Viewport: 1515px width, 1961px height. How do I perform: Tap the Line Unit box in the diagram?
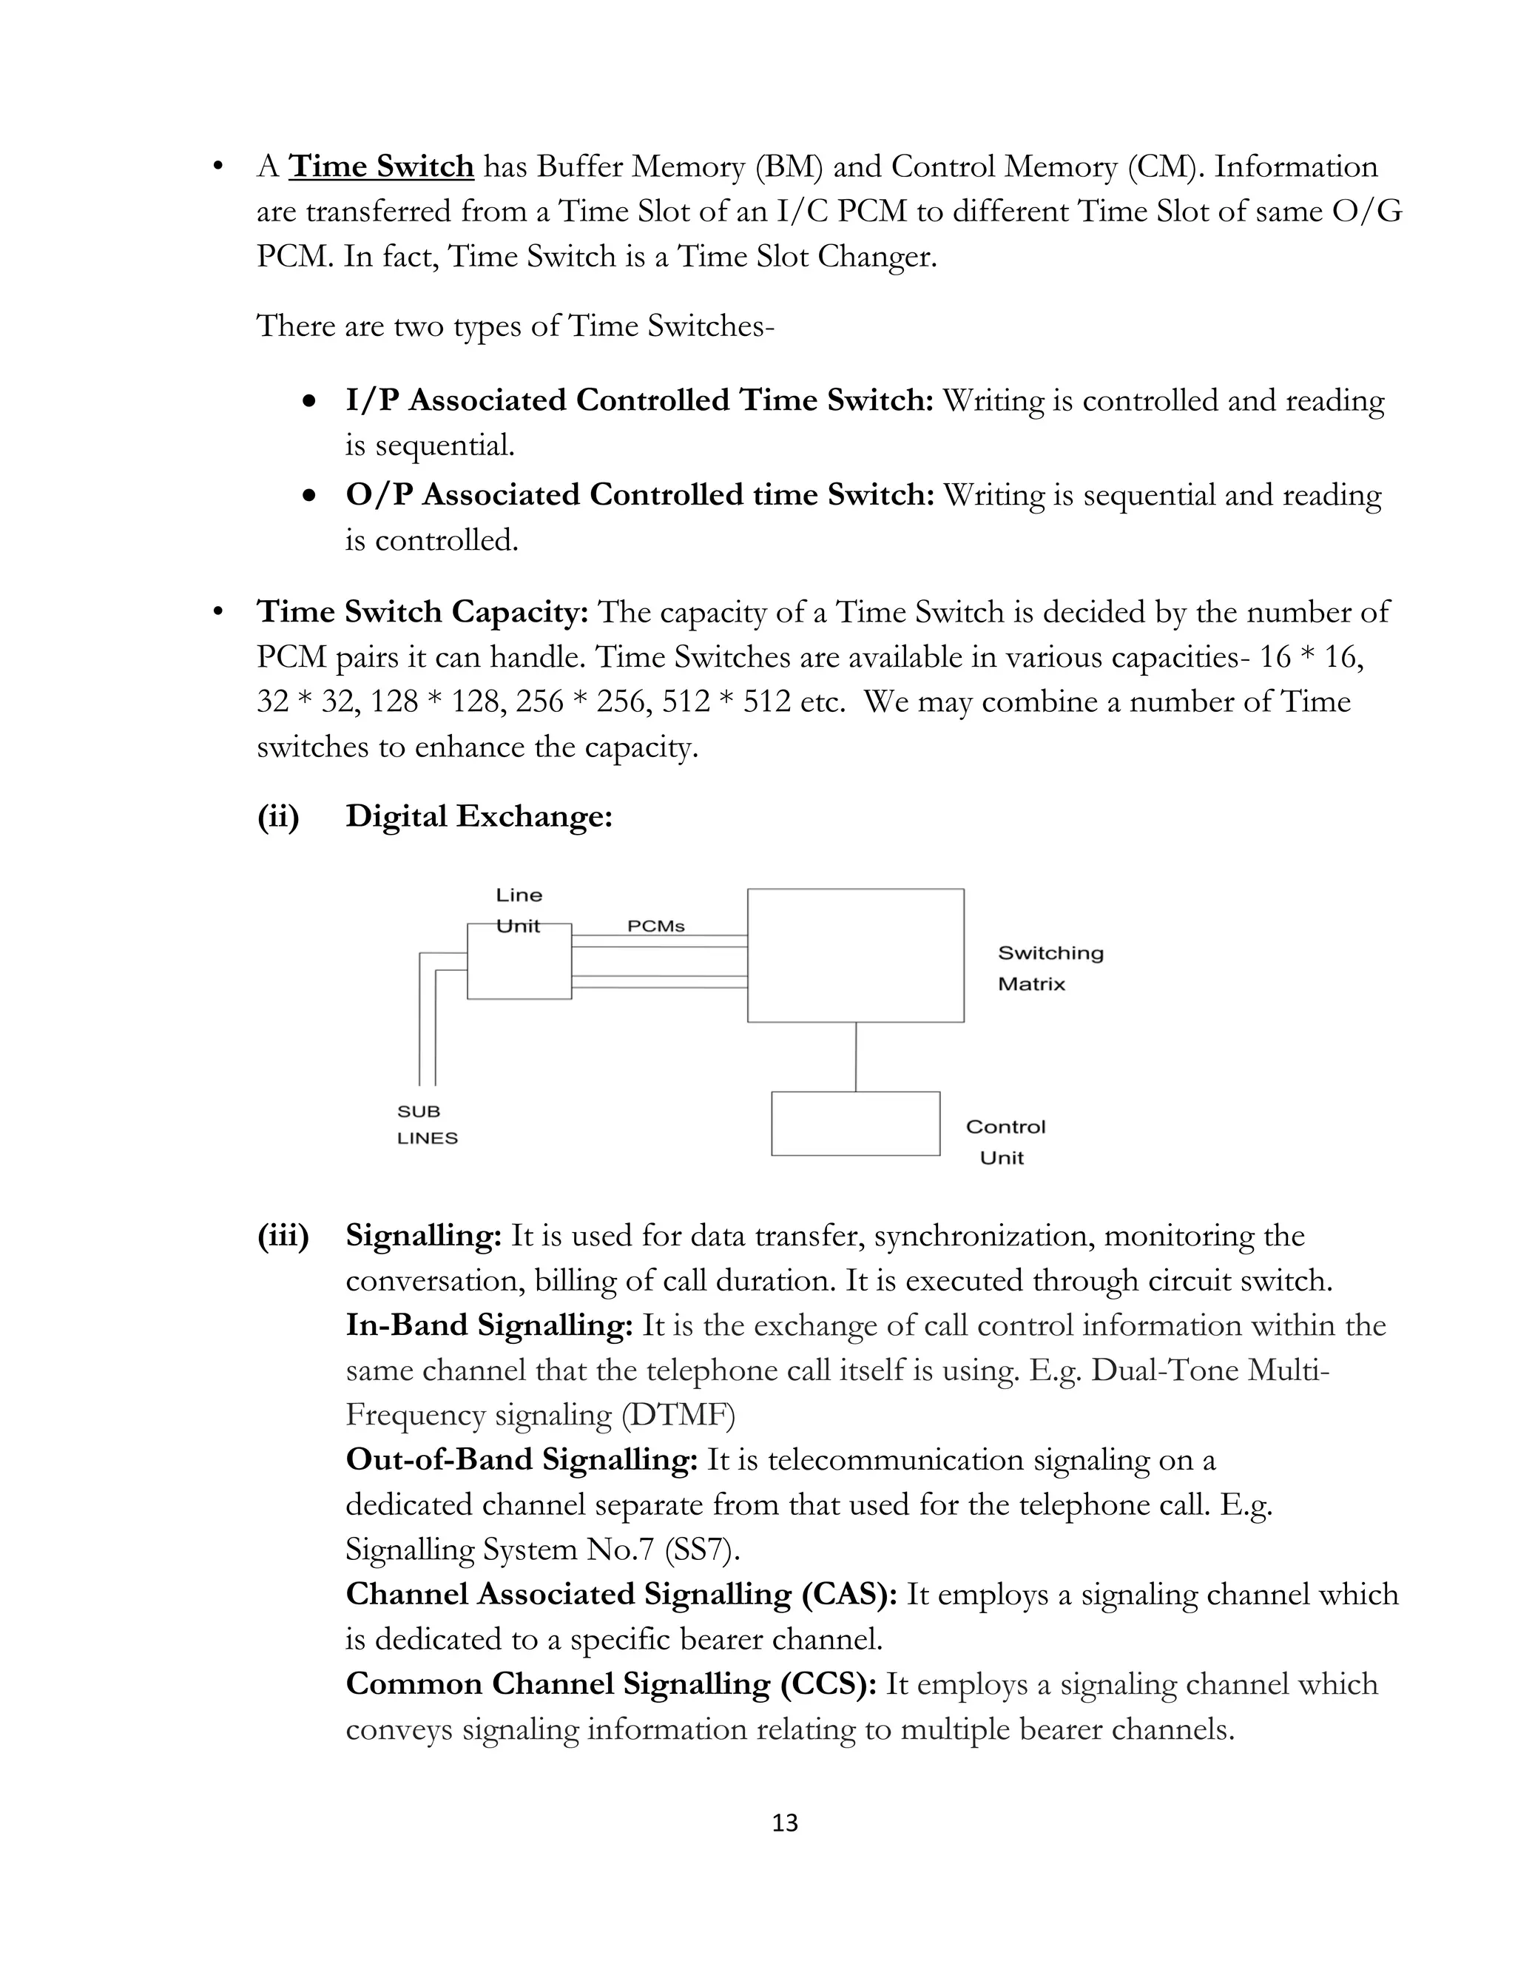[519, 965]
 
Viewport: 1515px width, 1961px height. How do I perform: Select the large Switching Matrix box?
[855, 955]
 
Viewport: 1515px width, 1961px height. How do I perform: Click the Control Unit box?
[855, 1123]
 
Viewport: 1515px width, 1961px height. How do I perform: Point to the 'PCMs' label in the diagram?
[655, 926]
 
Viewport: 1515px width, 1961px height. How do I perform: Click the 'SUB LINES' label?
[428, 1125]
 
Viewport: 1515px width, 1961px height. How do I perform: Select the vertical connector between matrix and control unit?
[855, 1057]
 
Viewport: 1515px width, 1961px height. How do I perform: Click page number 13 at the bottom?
[784, 1823]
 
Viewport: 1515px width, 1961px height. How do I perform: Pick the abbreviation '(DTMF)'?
[678, 1416]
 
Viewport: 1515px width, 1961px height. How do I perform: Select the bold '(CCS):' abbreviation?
[829, 1684]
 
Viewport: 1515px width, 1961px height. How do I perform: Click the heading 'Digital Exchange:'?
[479, 816]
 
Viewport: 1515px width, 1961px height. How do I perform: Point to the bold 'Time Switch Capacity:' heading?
[422, 613]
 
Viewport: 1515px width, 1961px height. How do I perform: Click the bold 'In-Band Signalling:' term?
[489, 1325]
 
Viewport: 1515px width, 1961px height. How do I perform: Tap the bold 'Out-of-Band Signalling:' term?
[522, 1460]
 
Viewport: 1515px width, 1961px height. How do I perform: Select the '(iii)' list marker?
[283, 1237]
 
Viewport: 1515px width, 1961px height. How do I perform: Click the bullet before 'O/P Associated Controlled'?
[310, 496]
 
